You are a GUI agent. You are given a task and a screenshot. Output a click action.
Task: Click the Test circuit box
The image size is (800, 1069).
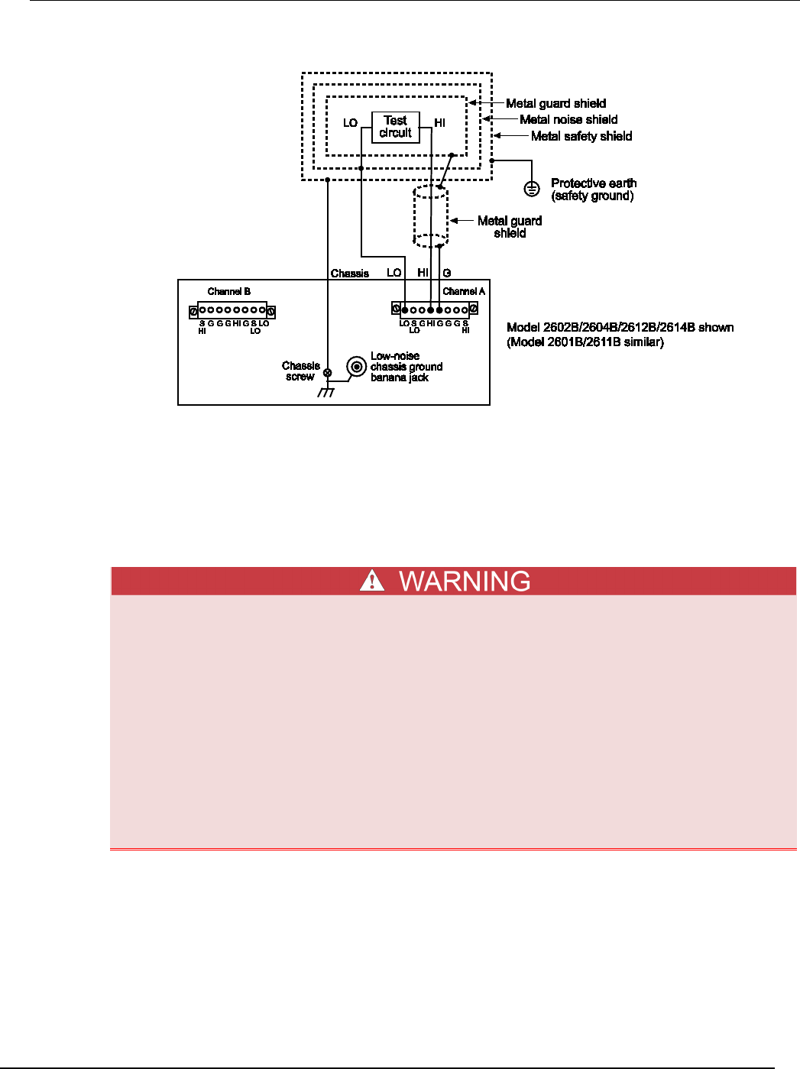[395, 127]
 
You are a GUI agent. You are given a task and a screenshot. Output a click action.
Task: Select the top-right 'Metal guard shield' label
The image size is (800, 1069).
[555, 103]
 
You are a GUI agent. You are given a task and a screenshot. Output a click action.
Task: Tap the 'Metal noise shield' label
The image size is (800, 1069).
[568, 119]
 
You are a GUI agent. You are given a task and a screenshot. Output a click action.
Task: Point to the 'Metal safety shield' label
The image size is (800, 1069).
[581, 136]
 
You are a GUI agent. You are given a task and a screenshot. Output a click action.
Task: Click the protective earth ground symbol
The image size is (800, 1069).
[533, 188]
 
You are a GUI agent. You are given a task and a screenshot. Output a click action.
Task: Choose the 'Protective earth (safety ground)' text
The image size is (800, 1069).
[593, 190]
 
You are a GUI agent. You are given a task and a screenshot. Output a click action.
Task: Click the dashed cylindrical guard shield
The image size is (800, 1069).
[431, 216]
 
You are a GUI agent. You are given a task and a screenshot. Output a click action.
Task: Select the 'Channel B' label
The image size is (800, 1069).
[228, 291]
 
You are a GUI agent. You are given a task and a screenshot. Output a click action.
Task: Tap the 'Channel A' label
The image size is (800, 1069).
[464, 291]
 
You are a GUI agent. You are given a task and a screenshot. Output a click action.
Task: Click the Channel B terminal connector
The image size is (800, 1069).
[232, 311]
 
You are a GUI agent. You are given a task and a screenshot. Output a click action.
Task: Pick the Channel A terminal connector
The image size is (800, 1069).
[435, 309]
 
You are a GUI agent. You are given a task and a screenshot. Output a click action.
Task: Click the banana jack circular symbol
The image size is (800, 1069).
[356, 367]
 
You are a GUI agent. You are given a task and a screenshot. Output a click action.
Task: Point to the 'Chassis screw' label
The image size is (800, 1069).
[300, 371]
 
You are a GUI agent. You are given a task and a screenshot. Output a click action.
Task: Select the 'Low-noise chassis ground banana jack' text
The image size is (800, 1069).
[406, 367]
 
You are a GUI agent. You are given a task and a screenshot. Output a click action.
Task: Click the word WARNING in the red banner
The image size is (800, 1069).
[465, 581]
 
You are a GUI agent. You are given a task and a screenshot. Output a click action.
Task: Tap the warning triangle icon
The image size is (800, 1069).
[372, 581]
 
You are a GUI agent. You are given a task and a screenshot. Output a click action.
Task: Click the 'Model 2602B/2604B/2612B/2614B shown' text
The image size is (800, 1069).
[620, 327]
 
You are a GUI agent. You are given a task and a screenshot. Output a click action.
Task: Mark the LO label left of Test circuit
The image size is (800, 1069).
[350, 123]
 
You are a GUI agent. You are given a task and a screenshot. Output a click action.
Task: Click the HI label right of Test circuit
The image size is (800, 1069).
[439, 122]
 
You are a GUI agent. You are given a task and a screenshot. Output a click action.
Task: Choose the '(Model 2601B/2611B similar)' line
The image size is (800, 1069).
[585, 342]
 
